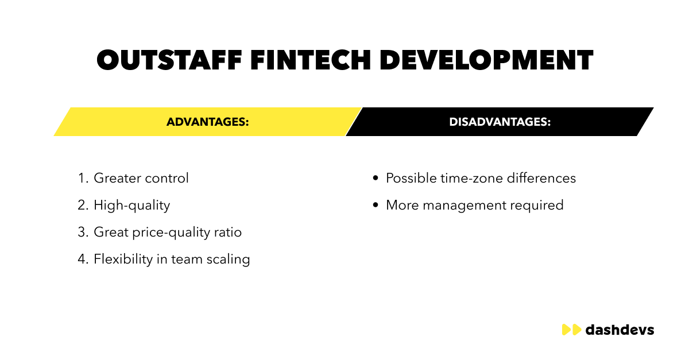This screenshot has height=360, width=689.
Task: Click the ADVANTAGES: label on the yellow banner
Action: pos(208,122)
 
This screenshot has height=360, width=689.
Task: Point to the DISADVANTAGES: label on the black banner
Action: pos(500,122)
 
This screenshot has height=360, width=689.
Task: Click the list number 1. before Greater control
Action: pos(83,179)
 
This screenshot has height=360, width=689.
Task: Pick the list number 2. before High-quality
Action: pos(83,206)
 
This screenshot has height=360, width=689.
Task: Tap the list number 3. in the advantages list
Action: pos(83,233)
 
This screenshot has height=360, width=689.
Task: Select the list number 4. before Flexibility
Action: pos(83,260)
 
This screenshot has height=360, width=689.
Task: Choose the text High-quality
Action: pos(132,206)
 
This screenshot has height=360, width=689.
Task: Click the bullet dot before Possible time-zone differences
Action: pos(376,179)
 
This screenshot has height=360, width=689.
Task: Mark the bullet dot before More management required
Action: pos(376,206)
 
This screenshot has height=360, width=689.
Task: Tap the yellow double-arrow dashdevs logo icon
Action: pos(571,330)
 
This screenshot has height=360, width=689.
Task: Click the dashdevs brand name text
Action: pos(620,330)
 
